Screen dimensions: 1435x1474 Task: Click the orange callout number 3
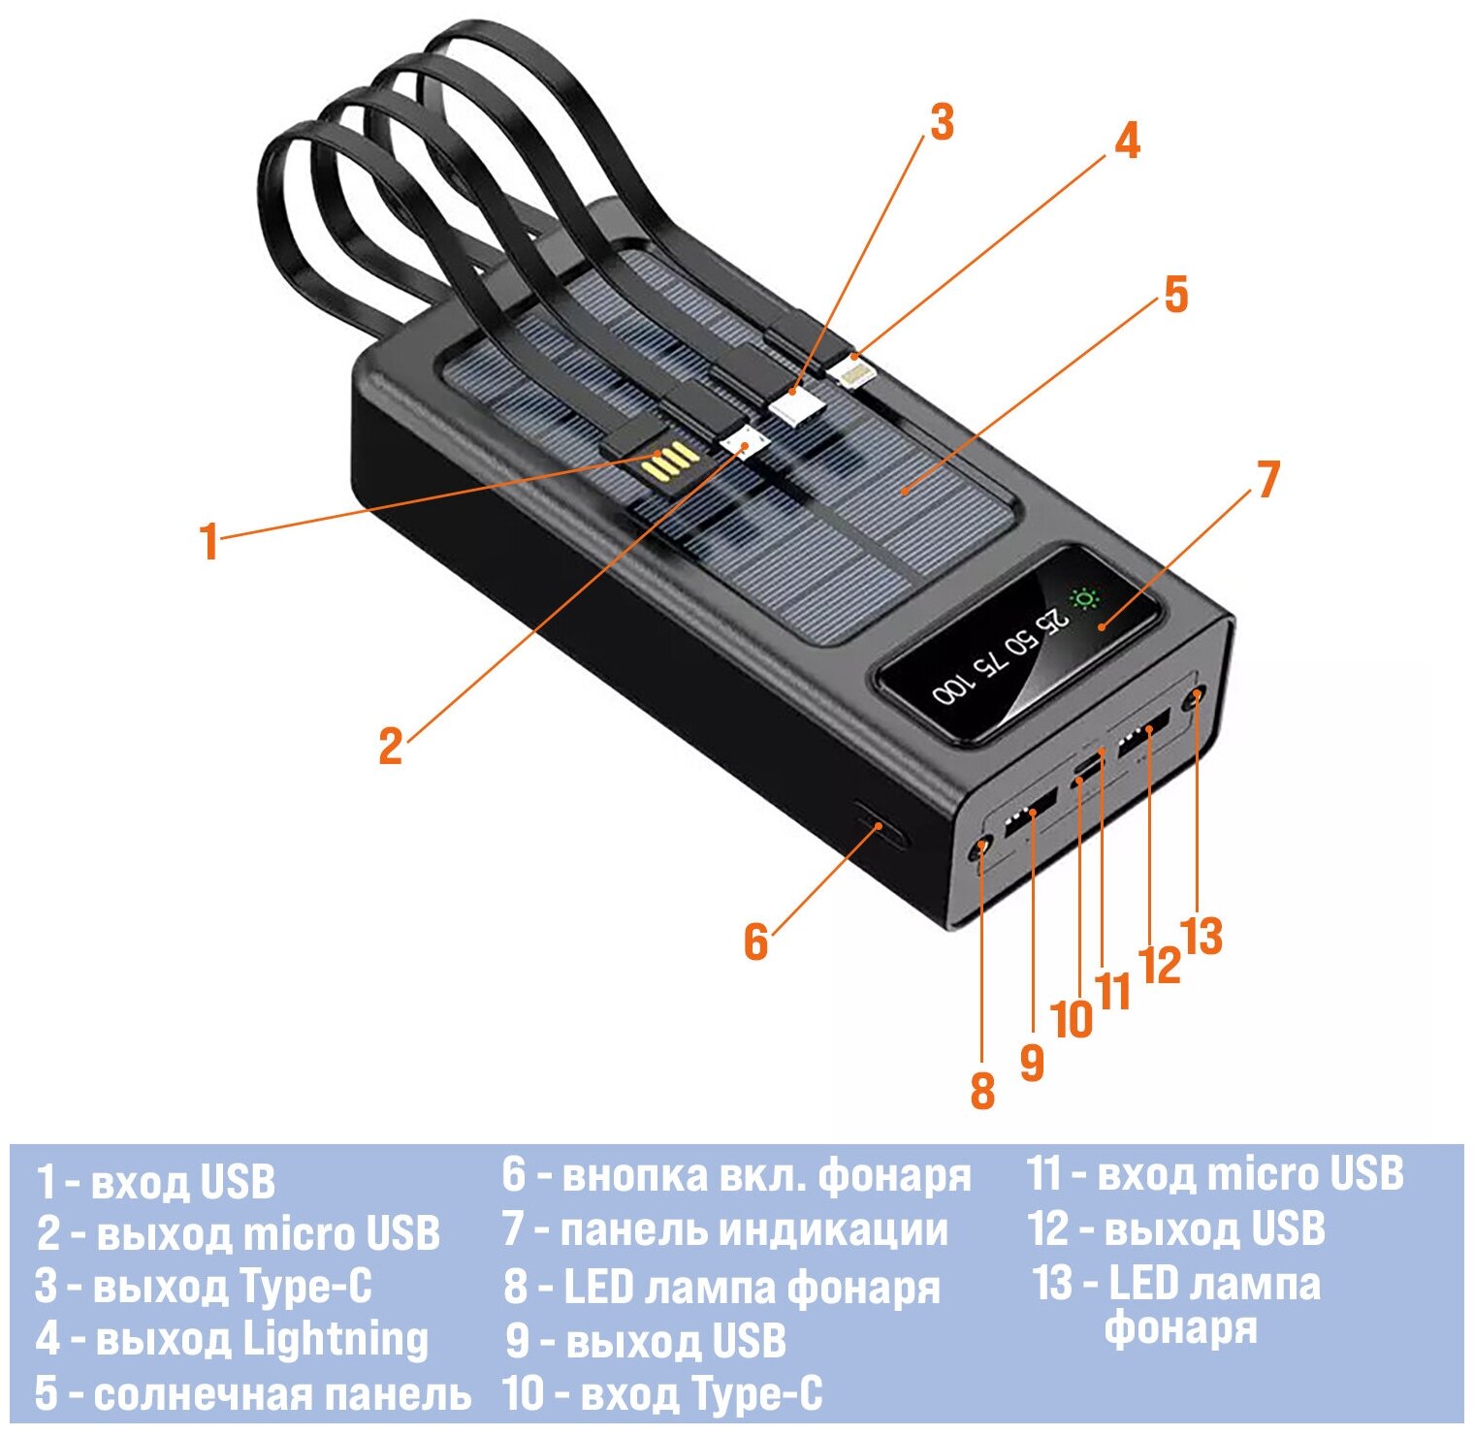pyautogui.click(x=942, y=123)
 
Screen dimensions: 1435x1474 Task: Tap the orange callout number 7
pyautogui.click(x=1267, y=480)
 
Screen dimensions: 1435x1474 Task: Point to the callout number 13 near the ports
pyautogui.click(x=1202, y=937)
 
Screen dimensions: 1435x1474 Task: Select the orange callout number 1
pyautogui.click(x=208, y=541)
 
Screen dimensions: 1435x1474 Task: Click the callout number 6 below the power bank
pyautogui.click(x=755, y=941)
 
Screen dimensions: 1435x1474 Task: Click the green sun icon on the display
pyautogui.click(x=1084, y=598)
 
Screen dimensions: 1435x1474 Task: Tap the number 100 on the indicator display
pyautogui.click(x=951, y=688)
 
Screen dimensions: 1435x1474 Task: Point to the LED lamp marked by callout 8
pyautogui.click(x=980, y=849)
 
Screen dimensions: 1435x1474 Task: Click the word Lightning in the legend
pyautogui.click(x=335, y=1340)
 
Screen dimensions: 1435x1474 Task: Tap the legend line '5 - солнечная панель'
pyautogui.click(x=252, y=1394)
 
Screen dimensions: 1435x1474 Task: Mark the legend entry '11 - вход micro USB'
pyautogui.click(x=1215, y=1173)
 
